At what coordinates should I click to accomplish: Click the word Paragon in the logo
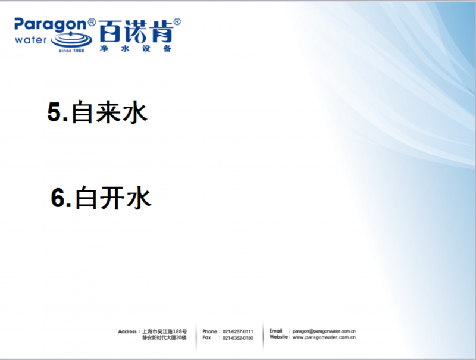(x=51, y=25)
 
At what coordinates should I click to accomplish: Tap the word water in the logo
(x=31, y=40)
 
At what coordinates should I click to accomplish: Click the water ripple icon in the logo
(x=71, y=39)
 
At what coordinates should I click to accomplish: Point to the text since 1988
(x=71, y=51)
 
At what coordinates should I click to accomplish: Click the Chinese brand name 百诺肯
(x=136, y=32)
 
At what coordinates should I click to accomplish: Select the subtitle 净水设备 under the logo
(x=136, y=49)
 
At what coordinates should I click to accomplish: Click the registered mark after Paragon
(x=92, y=22)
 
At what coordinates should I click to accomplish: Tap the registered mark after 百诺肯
(x=177, y=22)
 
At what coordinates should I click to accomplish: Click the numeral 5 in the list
(x=54, y=112)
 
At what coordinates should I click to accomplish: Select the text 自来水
(x=109, y=112)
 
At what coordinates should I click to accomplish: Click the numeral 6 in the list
(x=58, y=198)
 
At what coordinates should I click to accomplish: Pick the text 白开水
(x=113, y=198)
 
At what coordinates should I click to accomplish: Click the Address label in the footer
(x=127, y=331)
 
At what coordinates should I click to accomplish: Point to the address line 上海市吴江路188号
(x=165, y=331)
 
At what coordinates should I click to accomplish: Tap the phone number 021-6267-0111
(x=237, y=331)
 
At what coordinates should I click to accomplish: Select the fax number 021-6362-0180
(x=237, y=338)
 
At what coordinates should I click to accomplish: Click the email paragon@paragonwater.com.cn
(x=324, y=331)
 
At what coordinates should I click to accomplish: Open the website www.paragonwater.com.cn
(x=324, y=337)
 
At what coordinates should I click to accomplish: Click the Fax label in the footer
(x=206, y=337)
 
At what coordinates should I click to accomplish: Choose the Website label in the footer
(x=278, y=337)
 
